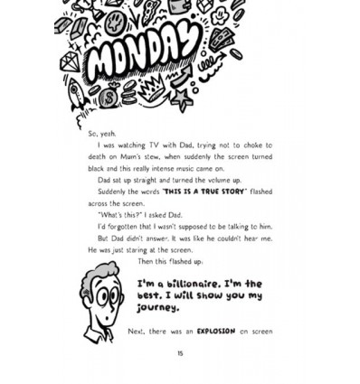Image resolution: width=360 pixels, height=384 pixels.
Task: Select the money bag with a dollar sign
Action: click(x=109, y=96)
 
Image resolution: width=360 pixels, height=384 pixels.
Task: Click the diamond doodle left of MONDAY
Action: click(x=70, y=61)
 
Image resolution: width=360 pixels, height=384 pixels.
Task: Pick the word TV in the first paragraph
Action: click(x=154, y=145)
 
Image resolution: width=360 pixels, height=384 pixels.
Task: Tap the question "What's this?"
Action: click(x=117, y=215)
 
